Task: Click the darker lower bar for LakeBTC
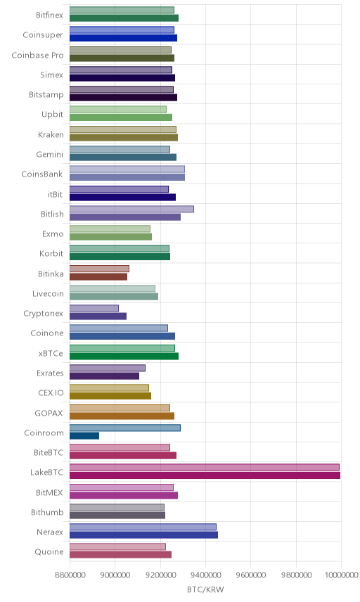205,475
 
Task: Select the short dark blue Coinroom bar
84,436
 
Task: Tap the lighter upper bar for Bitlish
131,210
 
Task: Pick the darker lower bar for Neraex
144,534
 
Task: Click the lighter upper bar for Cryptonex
94,308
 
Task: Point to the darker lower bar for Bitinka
98,277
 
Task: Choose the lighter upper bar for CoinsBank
127,169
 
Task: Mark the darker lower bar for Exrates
104,376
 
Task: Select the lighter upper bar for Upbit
118,110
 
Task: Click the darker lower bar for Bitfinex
124,18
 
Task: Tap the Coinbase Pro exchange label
37,56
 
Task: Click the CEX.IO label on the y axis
51,392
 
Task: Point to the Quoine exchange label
49,551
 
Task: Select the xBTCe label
51,353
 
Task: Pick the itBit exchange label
56,194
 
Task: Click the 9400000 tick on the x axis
206,575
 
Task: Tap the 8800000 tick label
70,575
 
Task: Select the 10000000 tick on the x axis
341,575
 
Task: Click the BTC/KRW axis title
205,589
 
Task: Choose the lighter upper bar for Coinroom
125,428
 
